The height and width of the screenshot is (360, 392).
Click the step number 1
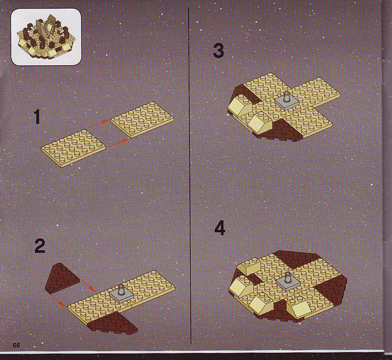[37, 117]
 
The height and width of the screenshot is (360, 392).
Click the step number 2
[40, 246]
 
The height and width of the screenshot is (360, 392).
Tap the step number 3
[219, 51]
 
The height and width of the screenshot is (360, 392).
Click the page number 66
[16, 345]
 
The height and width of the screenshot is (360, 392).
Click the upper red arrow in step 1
[98, 124]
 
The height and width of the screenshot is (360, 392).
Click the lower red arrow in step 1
[118, 143]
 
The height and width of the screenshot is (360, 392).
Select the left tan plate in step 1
[73, 148]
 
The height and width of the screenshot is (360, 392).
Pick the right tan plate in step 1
[142, 119]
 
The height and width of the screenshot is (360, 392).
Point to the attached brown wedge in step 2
[113, 323]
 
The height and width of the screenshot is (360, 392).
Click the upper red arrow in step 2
[87, 283]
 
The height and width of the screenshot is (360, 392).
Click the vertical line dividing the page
[190, 175]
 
